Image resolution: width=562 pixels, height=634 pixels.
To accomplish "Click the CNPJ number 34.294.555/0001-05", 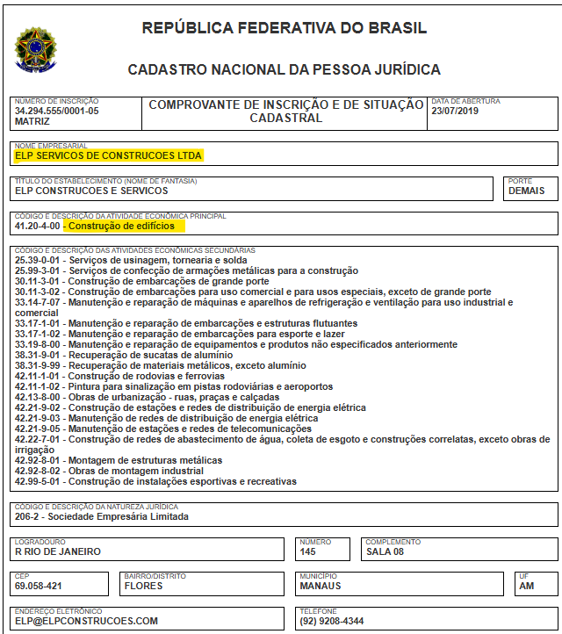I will tap(57, 112).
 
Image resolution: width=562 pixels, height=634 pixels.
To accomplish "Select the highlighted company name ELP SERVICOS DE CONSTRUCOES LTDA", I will tap(109, 156).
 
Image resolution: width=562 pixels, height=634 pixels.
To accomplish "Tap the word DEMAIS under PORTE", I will tap(526, 191).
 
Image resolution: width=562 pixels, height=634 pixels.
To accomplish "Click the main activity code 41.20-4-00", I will tap(37, 226).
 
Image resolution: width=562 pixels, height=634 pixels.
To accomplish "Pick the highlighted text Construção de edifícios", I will tap(121, 226).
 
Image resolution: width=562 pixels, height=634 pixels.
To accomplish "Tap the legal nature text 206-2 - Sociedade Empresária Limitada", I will tap(101, 516).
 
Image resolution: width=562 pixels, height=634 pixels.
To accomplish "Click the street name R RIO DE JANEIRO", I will tap(58, 552).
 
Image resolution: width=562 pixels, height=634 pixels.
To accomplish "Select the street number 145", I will tap(309, 552).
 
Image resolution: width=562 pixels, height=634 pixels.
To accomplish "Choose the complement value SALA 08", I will tap(385, 552).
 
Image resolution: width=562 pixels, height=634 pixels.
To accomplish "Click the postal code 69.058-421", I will tap(39, 586).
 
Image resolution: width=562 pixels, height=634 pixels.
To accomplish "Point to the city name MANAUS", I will tap(321, 586).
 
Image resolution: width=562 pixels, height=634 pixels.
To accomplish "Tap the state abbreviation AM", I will tap(527, 586).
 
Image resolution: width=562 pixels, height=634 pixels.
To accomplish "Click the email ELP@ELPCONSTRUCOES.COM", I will tap(86, 621).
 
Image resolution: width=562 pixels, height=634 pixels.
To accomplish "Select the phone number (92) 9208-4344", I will tap(332, 621).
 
